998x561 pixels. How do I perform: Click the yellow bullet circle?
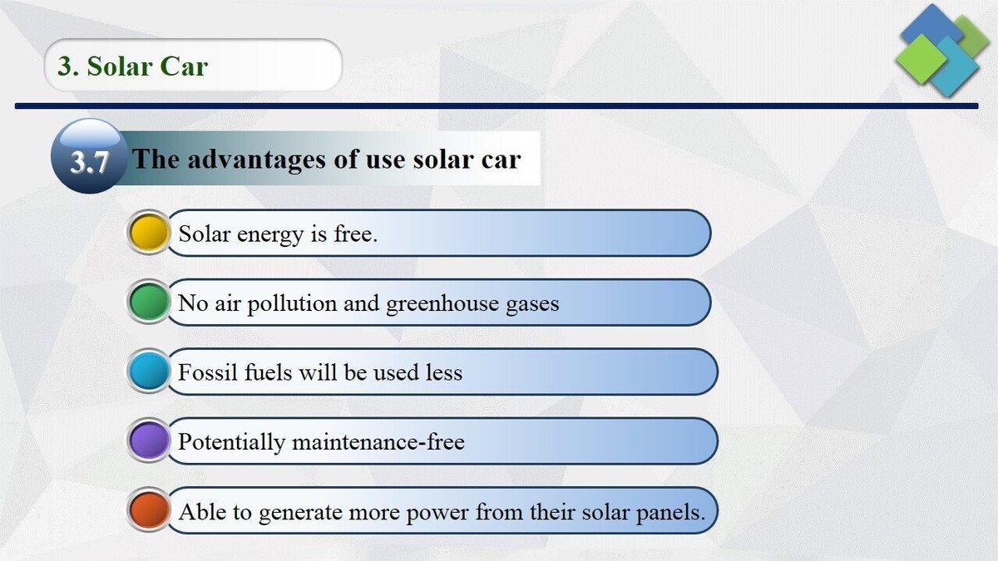pyautogui.click(x=150, y=233)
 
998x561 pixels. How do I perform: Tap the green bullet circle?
pyautogui.click(x=150, y=303)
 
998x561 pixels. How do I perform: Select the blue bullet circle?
pyautogui.click(x=150, y=372)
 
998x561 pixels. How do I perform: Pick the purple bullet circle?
pyautogui.click(x=150, y=440)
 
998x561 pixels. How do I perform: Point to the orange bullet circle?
pyautogui.click(x=150, y=510)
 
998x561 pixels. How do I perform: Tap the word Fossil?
pyautogui.click(x=208, y=372)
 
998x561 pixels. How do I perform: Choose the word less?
pyautogui.click(x=443, y=372)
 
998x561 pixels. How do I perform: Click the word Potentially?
pyautogui.click(x=231, y=442)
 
